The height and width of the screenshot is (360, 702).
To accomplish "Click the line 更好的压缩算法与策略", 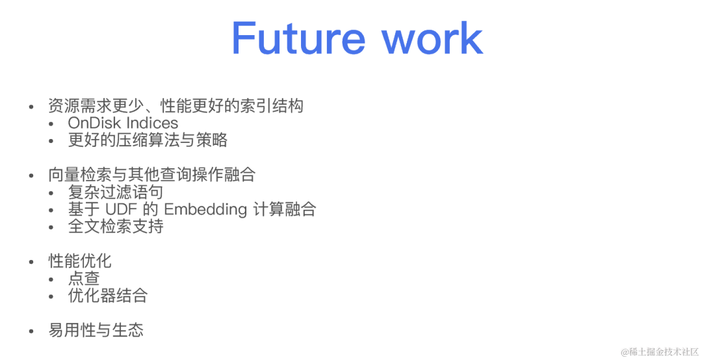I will point(148,140).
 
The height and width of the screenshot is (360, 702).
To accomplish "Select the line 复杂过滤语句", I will point(116,192).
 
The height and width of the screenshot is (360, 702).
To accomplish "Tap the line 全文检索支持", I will point(116,226).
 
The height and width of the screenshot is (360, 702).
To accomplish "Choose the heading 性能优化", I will point(80,261).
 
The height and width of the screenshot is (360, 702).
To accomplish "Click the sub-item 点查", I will point(84,278).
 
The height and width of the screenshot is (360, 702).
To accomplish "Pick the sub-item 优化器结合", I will point(108,296).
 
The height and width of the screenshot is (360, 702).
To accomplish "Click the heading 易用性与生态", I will point(96,330).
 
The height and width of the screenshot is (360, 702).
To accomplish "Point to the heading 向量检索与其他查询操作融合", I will point(151,175).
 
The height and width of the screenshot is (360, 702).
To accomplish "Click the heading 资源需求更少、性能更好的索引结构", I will point(175,105).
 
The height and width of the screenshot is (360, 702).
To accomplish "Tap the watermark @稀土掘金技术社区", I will point(659,352).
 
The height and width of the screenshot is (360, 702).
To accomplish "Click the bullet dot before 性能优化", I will point(31,262).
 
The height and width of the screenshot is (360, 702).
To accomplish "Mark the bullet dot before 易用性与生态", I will point(31,331).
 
